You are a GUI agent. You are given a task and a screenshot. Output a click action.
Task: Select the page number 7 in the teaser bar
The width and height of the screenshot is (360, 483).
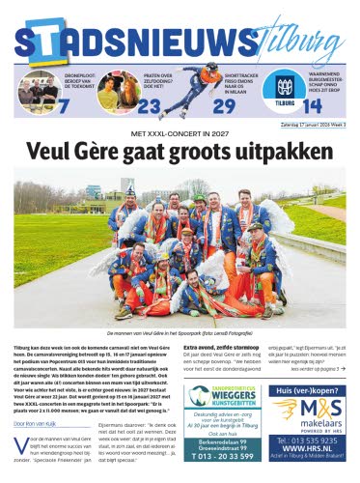coord(64,105)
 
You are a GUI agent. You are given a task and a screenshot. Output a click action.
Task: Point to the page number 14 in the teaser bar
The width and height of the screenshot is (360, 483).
coord(312,106)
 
